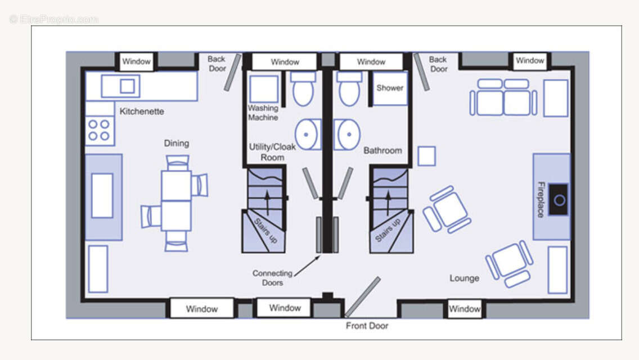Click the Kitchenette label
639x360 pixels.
click(142, 111)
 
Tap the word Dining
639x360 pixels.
click(177, 143)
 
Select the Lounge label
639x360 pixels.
click(464, 278)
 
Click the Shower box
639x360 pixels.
click(390, 88)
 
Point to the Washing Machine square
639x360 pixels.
click(264, 88)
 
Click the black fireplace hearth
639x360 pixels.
click(559, 200)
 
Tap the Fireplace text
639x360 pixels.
click(541, 199)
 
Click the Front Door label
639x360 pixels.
click(367, 326)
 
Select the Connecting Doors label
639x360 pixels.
click(272, 278)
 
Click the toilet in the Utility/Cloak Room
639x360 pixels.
click(303, 89)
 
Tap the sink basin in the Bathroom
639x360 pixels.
click(347, 134)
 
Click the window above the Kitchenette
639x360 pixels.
click(136, 61)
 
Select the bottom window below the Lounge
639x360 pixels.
click(464, 309)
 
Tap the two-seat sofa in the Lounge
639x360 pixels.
click(503, 98)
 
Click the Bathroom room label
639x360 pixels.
click(382, 150)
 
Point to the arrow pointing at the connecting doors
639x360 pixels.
click(307, 266)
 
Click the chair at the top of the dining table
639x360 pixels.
click(178, 163)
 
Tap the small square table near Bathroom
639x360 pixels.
click(427, 156)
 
